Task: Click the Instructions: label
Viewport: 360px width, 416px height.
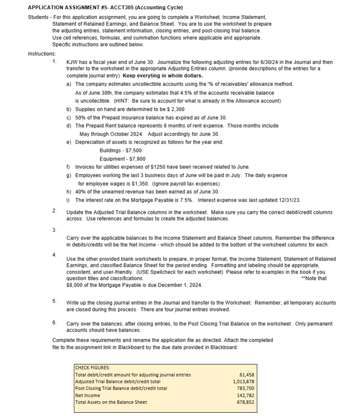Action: [x=42, y=54]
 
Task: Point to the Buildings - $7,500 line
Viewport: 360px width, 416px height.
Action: [x=121, y=150]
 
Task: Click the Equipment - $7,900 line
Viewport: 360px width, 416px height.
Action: [x=123, y=158]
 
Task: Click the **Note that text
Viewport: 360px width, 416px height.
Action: [x=314, y=278]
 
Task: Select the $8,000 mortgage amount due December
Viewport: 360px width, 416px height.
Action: [x=76, y=285]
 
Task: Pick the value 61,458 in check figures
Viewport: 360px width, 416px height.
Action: [x=246, y=375]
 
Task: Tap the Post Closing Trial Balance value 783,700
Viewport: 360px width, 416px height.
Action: [x=245, y=388]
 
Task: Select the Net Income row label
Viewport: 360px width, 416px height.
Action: [x=87, y=395]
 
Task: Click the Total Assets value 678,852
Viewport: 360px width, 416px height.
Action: [x=245, y=402]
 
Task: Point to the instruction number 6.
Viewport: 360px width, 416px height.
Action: [x=54, y=323]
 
